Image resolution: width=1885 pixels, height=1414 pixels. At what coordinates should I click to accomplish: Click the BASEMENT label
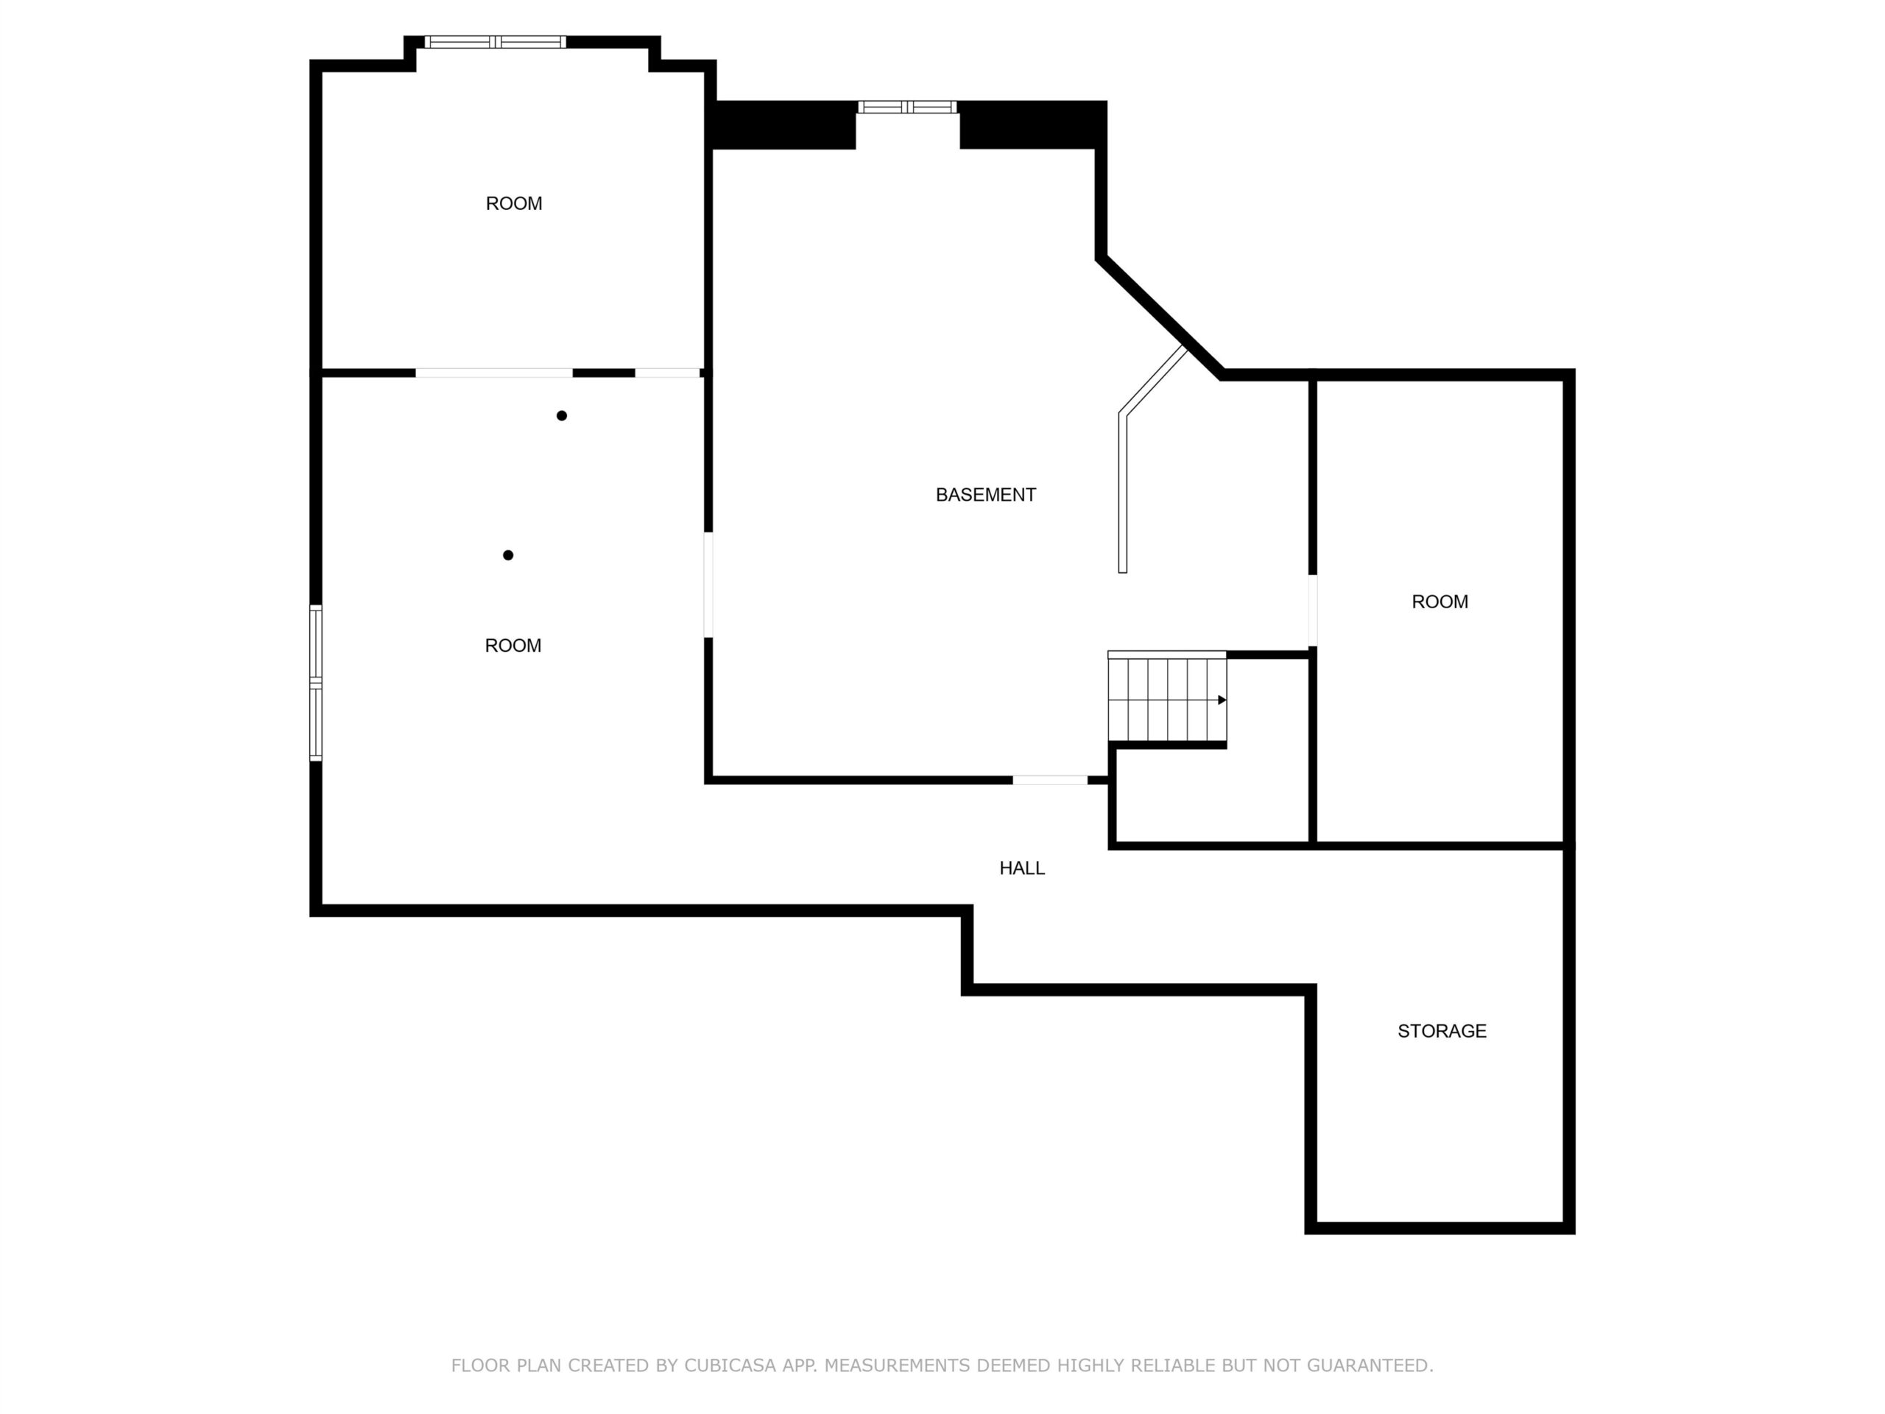click(x=985, y=494)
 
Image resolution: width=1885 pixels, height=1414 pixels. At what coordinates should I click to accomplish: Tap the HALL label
click(x=1022, y=868)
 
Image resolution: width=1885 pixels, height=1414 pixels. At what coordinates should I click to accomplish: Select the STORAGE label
click(x=1442, y=1030)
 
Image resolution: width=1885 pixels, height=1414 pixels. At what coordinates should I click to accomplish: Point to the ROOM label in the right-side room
click(x=1440, y=601)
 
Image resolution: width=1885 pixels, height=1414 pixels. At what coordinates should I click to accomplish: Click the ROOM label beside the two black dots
click(x=513, y=645)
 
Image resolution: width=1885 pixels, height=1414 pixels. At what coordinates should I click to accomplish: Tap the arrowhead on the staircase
click(x=1222, y=700)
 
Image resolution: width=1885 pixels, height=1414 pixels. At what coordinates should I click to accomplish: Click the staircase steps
click(x=1166, y=697)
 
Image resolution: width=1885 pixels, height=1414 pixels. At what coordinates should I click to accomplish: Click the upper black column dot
click(x=562, y=416)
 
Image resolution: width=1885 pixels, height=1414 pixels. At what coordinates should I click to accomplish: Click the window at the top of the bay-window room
click(x=495, y=42)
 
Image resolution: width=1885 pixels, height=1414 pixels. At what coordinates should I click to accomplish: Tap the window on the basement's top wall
click(x=908, y=108)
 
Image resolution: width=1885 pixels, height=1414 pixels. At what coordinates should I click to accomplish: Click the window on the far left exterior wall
click(x=316, y=683)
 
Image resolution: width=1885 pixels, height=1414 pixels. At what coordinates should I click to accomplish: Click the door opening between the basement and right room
click(x=1312, y=611)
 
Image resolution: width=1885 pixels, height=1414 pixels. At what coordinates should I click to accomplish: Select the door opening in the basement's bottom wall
click(x=1050, y=780)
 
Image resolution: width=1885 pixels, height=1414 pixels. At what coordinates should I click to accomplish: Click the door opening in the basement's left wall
click(x=708, y=585)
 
